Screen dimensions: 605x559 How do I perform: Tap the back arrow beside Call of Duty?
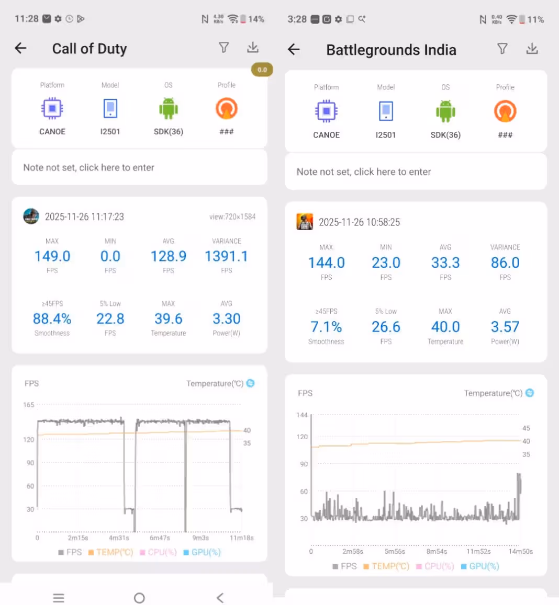pyautogui.click(x=21, y=49)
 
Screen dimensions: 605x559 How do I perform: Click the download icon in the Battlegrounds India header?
pyautogui.click(x=532, y=49)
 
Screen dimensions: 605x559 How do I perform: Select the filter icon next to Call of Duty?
pyautogui.click(x=224, y=48)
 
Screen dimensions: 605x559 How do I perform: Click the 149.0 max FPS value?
pyautogui.click(x=52, y=256)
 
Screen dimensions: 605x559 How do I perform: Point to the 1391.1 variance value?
pyautogui.click(x=226, y=256)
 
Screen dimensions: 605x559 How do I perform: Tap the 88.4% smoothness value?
pyautogui.click(x=52, y=319)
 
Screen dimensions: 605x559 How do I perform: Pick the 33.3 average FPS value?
pyautogui.click(x=445, y=262)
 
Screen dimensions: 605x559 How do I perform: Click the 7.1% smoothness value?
pyautogui.click(x=326, y=327)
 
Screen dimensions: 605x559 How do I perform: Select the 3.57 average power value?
pyautogui.click(x=505, y=327)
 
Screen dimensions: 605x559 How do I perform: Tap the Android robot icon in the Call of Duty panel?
pyautogui.click(x=169, y=109)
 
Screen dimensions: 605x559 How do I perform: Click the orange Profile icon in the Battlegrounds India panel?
pyautogui.click(x=505, y=111)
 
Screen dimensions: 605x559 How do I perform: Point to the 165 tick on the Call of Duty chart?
pyautogui.click(x=29, y=405)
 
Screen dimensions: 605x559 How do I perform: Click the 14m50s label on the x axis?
pyautogui.click(x=520, y=551)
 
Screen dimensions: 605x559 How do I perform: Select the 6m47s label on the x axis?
pyautogui.click(x=160, y=538)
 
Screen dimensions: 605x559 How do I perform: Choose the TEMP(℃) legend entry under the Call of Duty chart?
pyautogui.click(x=110, y=552)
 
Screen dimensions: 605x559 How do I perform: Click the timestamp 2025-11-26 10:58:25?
pyautogui.click(x=359, y=222)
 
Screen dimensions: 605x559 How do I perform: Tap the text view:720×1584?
pyautogui.click(x=232, y=216)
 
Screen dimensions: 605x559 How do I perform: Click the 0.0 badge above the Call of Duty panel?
pyautogui.click(x=262, y=70)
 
